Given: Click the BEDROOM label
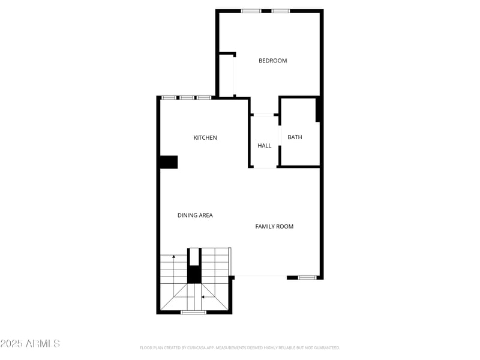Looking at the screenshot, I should pos(272,61).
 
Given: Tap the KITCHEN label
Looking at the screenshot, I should pos(205,138).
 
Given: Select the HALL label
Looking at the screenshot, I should pos(265,146).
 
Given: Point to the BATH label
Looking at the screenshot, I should pos(295,137).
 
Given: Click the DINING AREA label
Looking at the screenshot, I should pos(195,215).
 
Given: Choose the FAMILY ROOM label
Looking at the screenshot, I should pos(274,227).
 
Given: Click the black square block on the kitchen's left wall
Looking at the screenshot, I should pos(169,162).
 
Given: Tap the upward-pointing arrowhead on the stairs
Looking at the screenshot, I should pos(174,257).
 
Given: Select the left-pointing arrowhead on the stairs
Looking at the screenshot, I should pos(203,296).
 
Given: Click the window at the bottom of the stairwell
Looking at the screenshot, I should pos(193,312).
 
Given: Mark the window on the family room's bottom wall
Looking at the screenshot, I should pos(307,277).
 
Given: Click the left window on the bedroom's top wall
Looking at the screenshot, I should pos(251,11).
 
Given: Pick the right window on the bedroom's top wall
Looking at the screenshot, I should pos(280,11).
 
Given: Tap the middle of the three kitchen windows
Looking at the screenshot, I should pos(187,97).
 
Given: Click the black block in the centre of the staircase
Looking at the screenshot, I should pos(194,274).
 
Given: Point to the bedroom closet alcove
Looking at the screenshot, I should pos(226,75).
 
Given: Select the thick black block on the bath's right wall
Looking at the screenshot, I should pos(319,110).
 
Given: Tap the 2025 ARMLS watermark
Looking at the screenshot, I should pos(30,344).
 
